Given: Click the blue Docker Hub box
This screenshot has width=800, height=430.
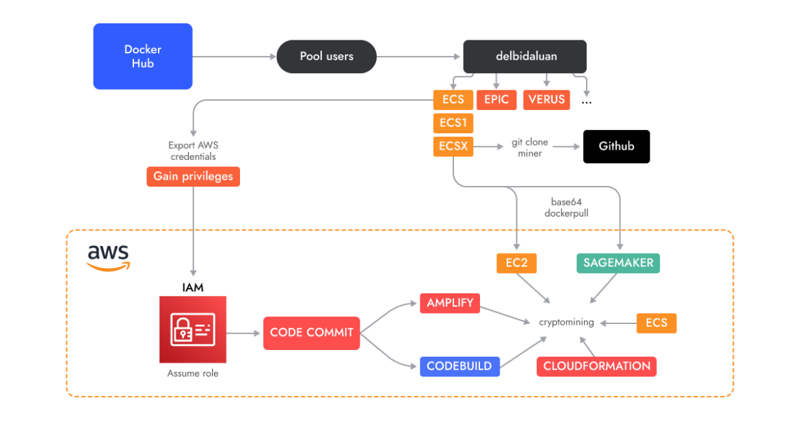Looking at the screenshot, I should coord(142,56).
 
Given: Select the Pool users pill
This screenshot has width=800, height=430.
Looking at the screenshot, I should coord(326,56).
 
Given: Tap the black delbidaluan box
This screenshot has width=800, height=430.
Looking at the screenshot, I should coord(525,56).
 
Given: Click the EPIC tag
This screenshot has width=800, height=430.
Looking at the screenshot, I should coord(496,100).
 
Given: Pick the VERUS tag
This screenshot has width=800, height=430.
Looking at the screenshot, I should coord(546,100).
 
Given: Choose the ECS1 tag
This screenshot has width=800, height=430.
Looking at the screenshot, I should coord(453,123).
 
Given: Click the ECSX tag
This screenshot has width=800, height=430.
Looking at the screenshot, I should coord(453,146).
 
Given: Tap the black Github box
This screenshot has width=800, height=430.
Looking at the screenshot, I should coord(616,146).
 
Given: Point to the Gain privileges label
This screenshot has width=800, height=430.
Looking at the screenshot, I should coord(193,176).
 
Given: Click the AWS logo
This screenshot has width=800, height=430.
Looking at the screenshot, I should coord(108,258).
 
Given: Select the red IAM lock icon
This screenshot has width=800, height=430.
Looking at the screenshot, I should coord(193,330).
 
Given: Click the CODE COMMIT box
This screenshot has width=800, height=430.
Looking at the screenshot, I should coord(311,333).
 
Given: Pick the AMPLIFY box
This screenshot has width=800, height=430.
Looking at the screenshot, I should coord(450,303).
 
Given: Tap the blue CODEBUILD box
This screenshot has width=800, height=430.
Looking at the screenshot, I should coord(459,366).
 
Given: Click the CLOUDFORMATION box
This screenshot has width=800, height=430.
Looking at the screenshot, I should coord(596,366).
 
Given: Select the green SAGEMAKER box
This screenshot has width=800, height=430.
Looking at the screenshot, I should coord(618,263).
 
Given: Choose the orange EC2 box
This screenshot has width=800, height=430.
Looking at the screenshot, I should coord(516,263).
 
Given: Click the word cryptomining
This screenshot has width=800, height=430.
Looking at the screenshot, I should coord(566,323).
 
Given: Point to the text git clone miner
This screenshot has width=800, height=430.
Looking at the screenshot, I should coord(530,148).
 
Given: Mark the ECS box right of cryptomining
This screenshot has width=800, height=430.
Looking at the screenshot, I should coord(656,323).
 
